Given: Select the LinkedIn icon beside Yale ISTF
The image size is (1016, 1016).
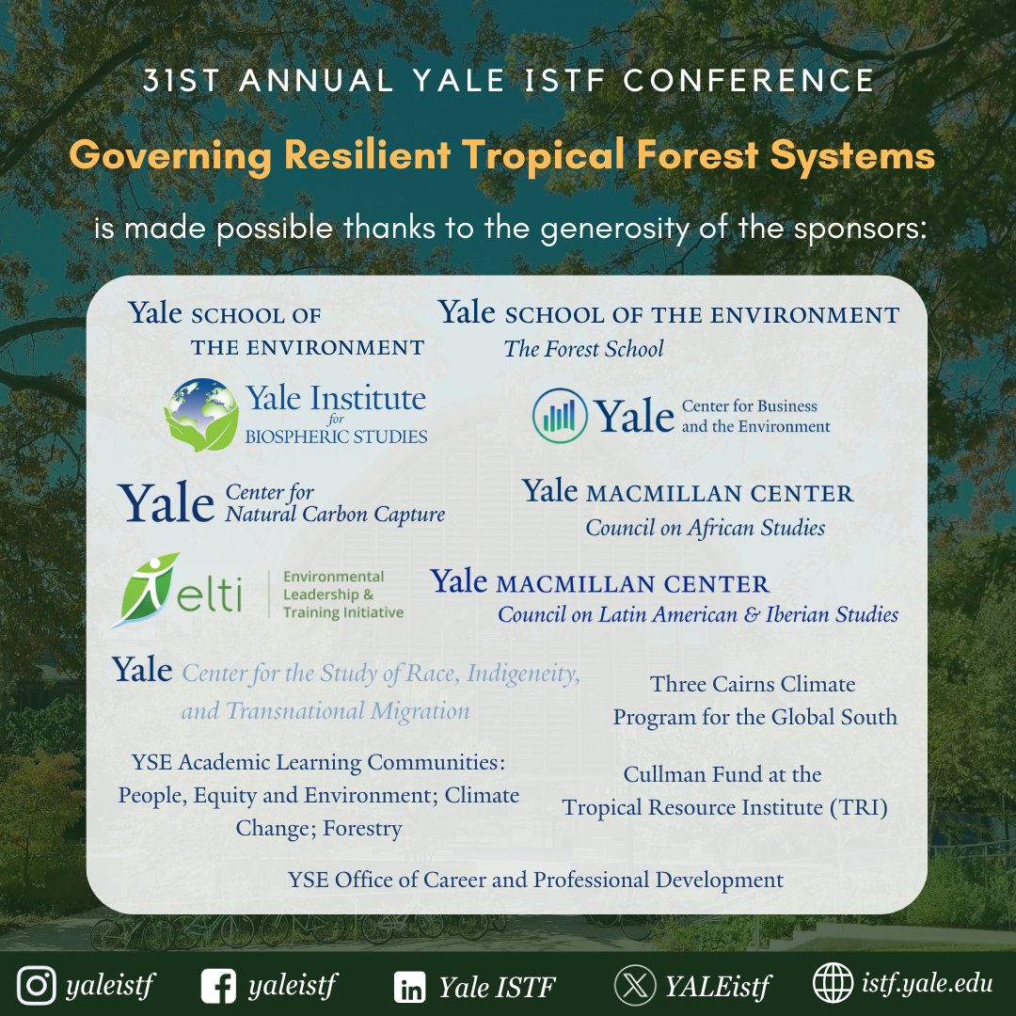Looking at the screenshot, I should pyautogui.click(x=409, y=987).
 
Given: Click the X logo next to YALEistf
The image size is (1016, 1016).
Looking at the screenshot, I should pyautogui.click(x=634, y=986).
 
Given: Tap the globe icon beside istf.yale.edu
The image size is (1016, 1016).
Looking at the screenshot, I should pyautogui.click(x=833, y=984).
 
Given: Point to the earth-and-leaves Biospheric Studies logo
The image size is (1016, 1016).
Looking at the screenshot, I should pyautogui.click(x=200, y=414).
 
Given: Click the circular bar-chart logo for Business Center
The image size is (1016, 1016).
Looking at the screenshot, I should pyautogui.click(x=561, y=415).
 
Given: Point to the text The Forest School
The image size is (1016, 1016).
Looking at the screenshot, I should pyautogui.click(x=583, y=349).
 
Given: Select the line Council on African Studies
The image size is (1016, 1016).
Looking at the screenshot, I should pyautogui.click(x=705, y=528).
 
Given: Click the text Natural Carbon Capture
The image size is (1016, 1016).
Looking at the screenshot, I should pyautogui.click(x=335, y=515).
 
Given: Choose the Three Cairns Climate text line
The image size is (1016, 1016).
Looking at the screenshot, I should pyautogui.click(x=753, y=684).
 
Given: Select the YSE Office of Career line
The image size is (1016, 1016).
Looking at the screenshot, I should pyautogui.click(x=535, y=880).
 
